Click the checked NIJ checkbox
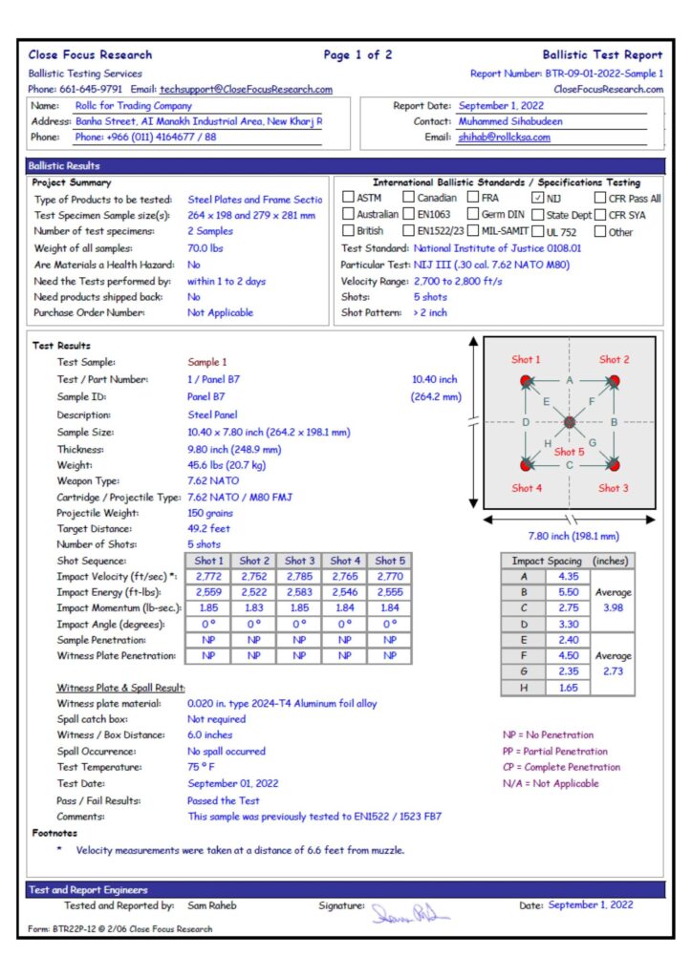(x=538, y=198)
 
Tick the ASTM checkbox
(x=348, y=198)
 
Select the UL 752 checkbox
(x=538, y=230)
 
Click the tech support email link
(x=246, y=90)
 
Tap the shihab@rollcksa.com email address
(x=504, y=138)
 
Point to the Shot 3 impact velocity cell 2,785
(x=299, y=578)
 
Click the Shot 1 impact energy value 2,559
(x=209, y=594)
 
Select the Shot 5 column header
(x=390, y=561)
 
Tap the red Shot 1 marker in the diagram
(x=525, y=382)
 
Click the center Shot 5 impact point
(x=570, y=422)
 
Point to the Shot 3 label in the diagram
(x=614, y=488)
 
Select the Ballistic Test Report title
(x=602, y=54)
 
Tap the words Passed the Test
(x=224, y=800)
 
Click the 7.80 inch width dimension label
(x=573, y=536)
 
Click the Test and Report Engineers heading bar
(x=345, y=889)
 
